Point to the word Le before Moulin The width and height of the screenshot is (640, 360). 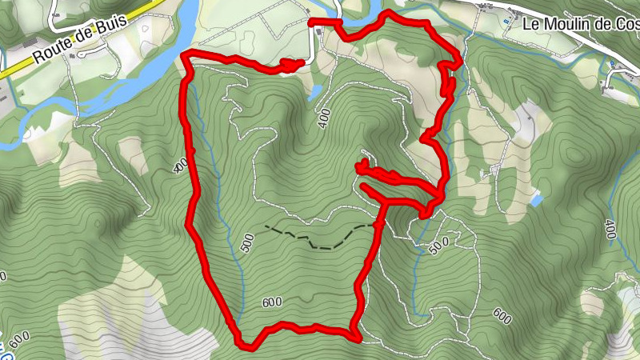click(x=531, y=24)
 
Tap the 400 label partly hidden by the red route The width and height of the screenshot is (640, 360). click(x=181, y=164)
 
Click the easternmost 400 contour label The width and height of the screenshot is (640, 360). click(x=610, y=230)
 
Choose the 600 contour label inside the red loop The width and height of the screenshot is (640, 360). click(x=272, y=302)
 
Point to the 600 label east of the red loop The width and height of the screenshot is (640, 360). click(x=502, y=316)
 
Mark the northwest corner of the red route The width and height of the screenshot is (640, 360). click(x=186, y=54)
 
